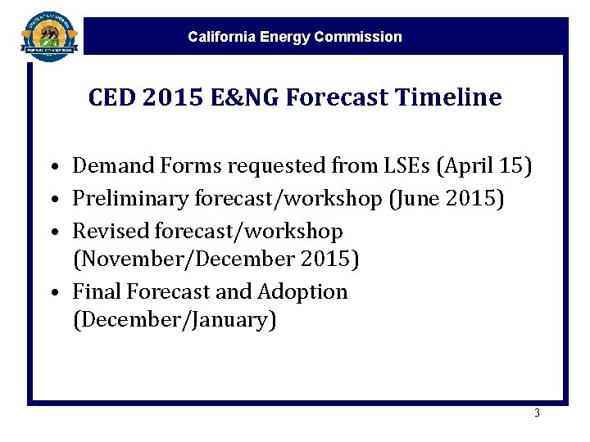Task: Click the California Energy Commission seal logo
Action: [50, 34]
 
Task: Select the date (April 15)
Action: [485, 167]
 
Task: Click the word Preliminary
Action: [126, 199]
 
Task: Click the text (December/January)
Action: [175, 321]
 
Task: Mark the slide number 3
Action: [537, 413]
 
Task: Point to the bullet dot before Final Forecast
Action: [52, 293]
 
